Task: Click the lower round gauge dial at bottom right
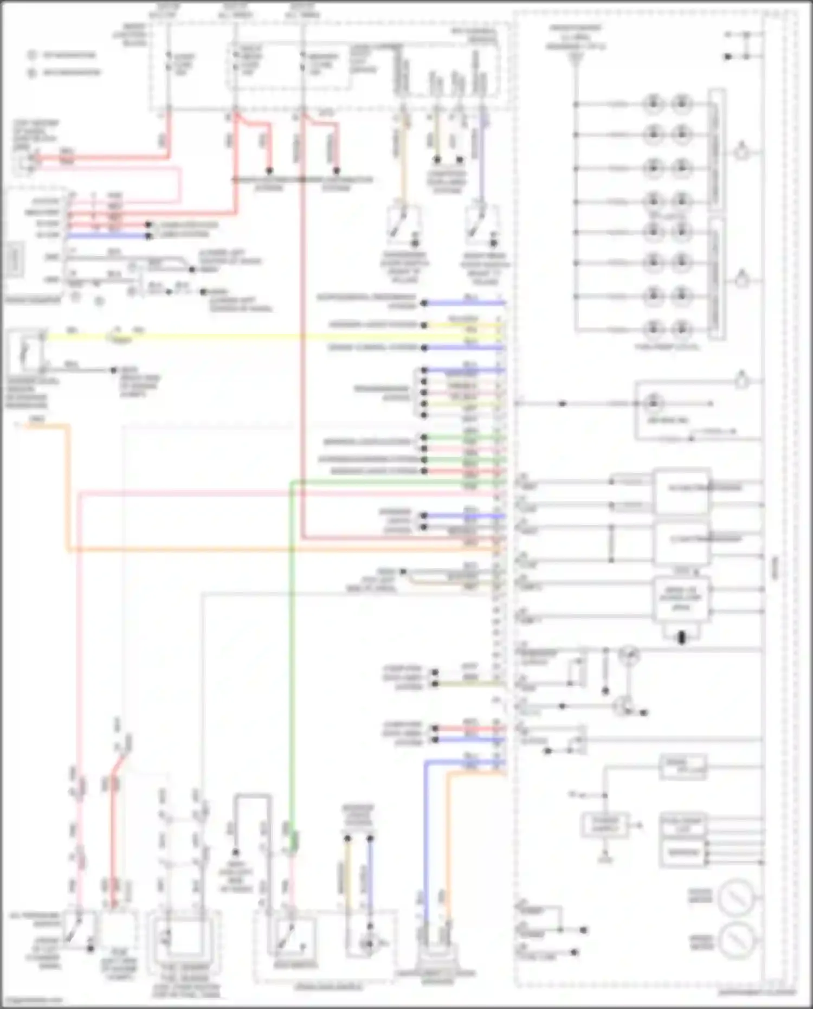click(737, 941)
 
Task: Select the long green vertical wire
click(292, 651)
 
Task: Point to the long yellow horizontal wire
click(271, 337)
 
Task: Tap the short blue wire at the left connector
click(108, 236)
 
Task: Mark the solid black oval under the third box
click(682, 638)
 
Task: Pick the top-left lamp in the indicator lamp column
click(653, 103)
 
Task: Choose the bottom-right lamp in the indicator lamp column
click(681, 329)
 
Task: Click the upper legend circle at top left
click(32, 55)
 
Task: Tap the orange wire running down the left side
click(68, 488)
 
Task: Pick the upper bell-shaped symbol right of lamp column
click(742, 152)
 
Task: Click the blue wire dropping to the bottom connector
click(426, 840)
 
